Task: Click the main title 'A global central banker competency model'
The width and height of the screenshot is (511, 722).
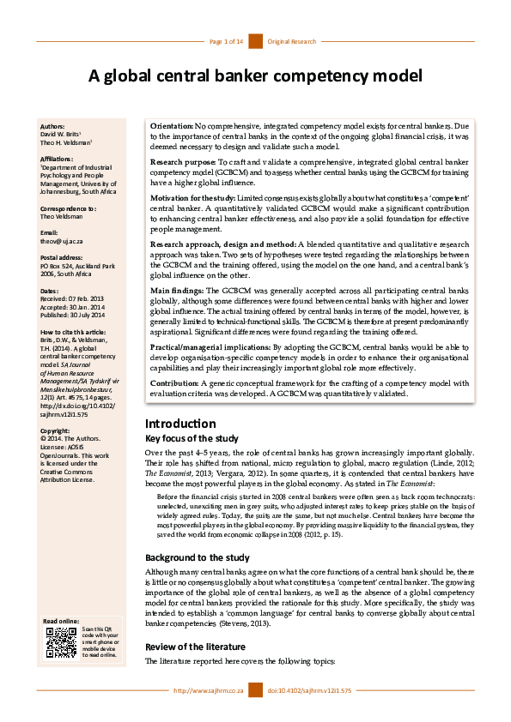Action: coord(255,76)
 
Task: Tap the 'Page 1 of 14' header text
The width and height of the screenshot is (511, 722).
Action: coord(227,41)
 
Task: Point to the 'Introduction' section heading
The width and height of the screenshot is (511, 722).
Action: coord(180,424)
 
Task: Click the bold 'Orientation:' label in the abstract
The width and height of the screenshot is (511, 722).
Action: coord(172,126)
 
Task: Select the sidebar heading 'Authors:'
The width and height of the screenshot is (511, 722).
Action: coord(52,126)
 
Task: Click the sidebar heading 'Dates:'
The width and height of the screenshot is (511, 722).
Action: coord(50,292)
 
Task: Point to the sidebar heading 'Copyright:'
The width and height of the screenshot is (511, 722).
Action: coord(56,430)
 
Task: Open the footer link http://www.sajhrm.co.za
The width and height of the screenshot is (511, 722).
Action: coord(209,690)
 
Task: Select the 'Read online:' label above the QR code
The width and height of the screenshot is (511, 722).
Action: coord(61,621)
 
